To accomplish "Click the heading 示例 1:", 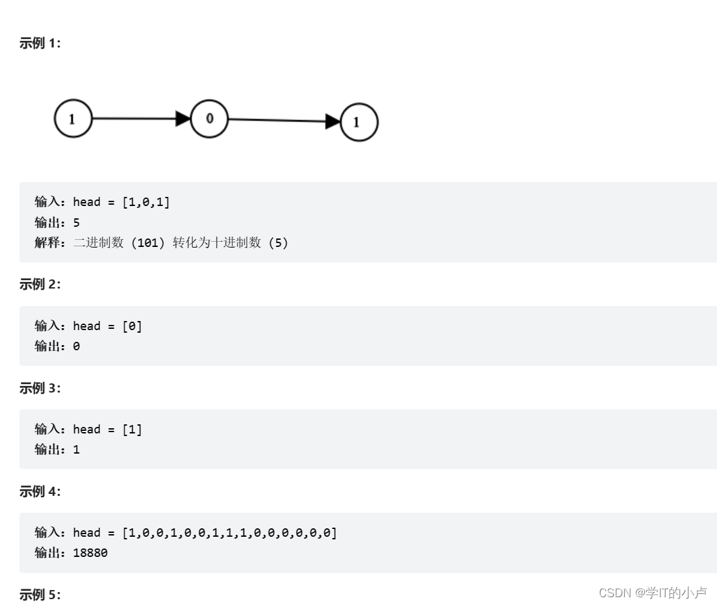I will click(x=40, y=44).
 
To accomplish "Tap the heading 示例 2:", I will click(x=40, y=285).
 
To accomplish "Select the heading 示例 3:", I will click(x=40, y=388).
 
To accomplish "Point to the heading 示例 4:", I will click(x=40, y=491).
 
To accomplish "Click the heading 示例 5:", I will click(x=40, y=595).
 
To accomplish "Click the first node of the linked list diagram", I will click(x=73, y=119).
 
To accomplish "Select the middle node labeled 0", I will click(x=209, y=118).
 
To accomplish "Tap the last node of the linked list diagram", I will click(x=359, y=122).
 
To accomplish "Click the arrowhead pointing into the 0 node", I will click(x=183, y=119).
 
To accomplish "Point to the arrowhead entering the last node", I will click(x=333, y=121).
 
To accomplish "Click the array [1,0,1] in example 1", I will click(x=146, y=202).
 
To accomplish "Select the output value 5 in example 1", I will click(x=77, y=222).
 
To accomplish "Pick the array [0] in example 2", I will click(x=132, y=326).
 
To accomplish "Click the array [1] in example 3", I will click(x=132, y=430).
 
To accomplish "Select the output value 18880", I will click(x=90, y=553).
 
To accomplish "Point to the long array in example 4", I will click(x=230, y=533).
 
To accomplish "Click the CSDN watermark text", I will click(x=653, y=593).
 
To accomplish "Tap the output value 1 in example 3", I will click(x=77, y=449).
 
